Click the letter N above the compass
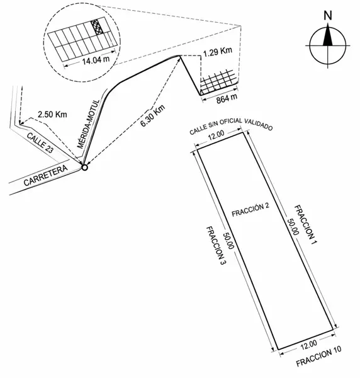click(x=327, y=15)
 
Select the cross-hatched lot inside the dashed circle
click(x=97, y=27)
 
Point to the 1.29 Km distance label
click(x=217, y=52)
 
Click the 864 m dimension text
click(x=227, y=99)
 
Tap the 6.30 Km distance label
click(x=153, y=116)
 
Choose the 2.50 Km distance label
click(x=52, y=114)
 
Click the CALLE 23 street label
click(x=40, y=143)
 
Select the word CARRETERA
click(x=46, y=175)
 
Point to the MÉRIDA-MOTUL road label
click(x=88, y=124)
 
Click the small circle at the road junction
click(x=84, y=168)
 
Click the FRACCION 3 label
click(x=216, y=246)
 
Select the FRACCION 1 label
click(x=305, y=224)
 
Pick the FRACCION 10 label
click(x=318, y=356)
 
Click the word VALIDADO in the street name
click(x=259, y=124)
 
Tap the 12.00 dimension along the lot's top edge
click(x=217, y=135)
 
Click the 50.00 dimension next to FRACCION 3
click(x=228, y=241)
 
